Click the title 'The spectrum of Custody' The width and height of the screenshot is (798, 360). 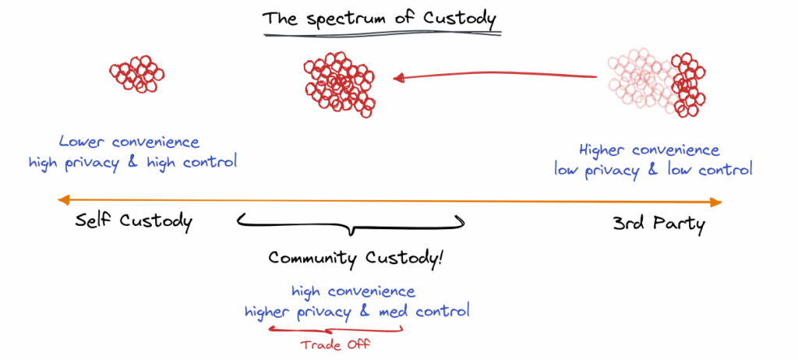[x=380, y=19]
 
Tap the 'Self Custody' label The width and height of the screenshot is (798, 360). [x=134, y=222]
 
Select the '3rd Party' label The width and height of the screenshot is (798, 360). [x=659, y=224]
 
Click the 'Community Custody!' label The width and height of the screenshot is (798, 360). [x=356, y=258]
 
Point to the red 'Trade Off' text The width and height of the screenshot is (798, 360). [x=335, y=344]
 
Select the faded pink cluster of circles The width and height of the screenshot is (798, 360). [x=642, y=79]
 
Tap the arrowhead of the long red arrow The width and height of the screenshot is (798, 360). [x=398, y=78]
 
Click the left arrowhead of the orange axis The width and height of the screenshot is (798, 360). [x=64, y=200]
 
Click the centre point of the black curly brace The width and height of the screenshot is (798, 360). [x=351, y=232]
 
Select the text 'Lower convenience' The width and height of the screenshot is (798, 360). [x=129, y=141]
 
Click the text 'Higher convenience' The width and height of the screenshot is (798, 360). [x=649, y=150]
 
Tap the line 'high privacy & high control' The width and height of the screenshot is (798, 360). [x=132, y=163]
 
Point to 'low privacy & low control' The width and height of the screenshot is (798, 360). [x=653, y=170]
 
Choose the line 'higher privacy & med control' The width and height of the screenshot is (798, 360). [x=357, y=311]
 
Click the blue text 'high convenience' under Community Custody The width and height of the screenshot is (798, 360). [x=353, y=291]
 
